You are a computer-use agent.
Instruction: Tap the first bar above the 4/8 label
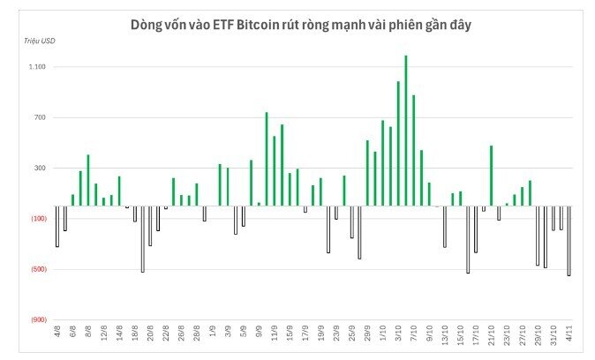click(x=57, y=226)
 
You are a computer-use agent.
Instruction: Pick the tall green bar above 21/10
click(x=491, y=176)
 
